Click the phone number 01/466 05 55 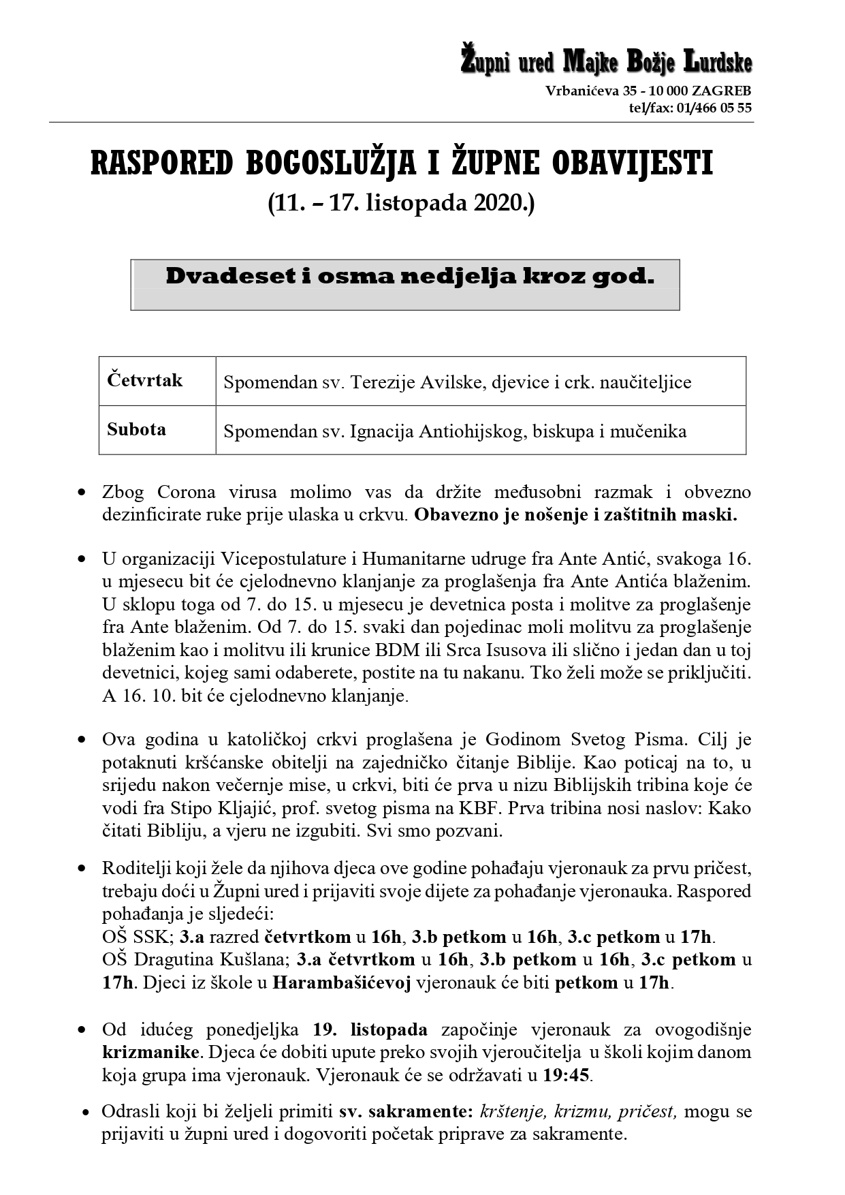click(715, 108)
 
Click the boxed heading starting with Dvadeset click(409, 277)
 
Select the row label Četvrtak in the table click(144, 380)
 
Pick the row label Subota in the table click(136, 429)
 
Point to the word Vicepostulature click(283, 559)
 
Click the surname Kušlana click(257, 960)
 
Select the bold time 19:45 click(567, 1076)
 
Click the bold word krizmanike click(151, 1053)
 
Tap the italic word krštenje click(513, 1112)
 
